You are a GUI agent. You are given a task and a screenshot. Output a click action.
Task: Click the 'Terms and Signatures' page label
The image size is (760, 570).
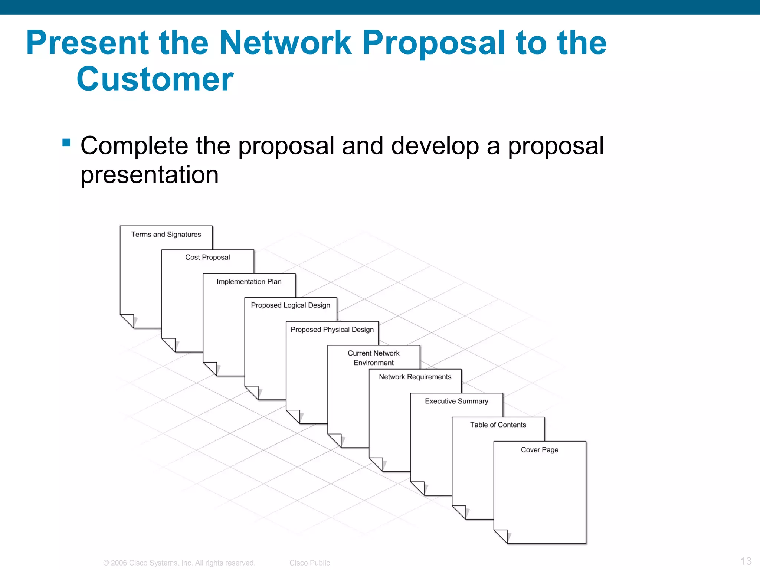click(x=166, y=235)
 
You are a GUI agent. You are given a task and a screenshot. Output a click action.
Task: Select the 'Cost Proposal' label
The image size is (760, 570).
click(x=207, y=258)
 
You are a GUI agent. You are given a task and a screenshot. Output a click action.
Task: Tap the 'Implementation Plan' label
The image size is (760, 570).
click(x=249, y=282)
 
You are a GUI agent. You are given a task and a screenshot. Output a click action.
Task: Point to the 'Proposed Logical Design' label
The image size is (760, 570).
click(x=291, y=305)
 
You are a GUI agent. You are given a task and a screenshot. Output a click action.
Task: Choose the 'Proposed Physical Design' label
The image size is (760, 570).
click(x=332, y=330)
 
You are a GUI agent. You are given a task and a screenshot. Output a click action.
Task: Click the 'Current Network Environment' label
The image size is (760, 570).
click(x=374, y=358)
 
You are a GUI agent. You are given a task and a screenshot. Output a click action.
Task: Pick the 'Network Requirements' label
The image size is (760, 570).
click(x=415, y=377)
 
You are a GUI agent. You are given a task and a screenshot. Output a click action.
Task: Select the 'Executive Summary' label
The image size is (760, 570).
click(x=456, y=401)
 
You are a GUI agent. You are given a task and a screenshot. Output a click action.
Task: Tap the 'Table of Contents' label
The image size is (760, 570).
click(x=498, y=425)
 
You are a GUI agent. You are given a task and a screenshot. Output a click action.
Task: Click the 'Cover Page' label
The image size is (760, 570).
click(x=540, y=450)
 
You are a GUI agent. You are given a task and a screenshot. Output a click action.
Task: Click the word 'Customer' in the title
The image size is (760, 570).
click(x=155, y=79)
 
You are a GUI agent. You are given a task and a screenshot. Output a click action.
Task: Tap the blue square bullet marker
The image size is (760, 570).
click(x=66, y=142)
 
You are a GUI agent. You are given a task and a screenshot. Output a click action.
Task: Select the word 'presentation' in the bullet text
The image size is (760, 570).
click(x=150, y=175)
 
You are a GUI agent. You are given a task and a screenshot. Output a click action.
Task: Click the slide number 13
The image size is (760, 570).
click(x=746, y=561)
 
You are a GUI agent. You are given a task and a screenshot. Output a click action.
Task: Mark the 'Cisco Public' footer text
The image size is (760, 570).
click(x=309, y=563)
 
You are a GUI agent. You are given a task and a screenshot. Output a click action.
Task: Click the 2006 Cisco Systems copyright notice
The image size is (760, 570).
click(x=179, y=563)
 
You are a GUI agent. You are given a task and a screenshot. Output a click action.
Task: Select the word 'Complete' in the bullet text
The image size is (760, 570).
click(x=134, y=146)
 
